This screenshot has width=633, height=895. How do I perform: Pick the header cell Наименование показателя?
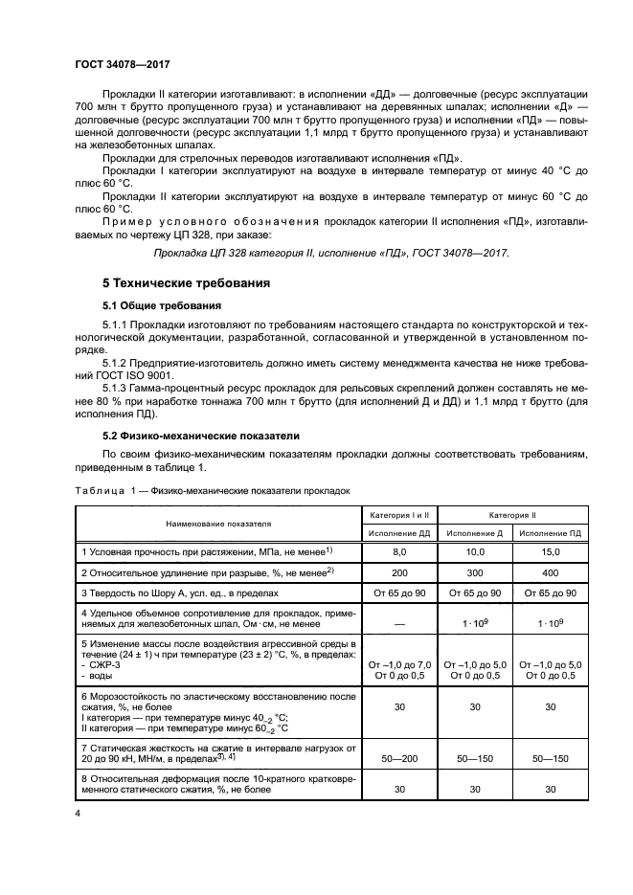(x=218, y=524)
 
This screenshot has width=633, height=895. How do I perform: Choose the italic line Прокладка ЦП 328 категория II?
(x=331, y=253)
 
